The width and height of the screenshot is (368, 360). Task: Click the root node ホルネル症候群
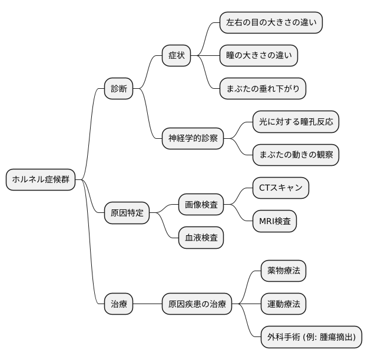tap(41, 180)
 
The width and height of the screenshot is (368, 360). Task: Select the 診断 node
tap(118, 89)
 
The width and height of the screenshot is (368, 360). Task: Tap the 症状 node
tap(177, 56)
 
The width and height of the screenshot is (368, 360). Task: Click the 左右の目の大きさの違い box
tap(271, 24)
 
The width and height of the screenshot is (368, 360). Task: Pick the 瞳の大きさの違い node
tap(258, 56)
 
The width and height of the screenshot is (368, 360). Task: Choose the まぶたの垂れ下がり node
tap(263, 89)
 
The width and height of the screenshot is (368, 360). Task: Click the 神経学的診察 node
tap(193, 138)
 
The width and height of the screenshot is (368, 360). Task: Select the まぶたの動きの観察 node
tap(296, 155)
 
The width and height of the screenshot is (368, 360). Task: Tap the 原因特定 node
tap(127, 212)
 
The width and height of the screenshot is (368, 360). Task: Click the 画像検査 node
tap(201, 205)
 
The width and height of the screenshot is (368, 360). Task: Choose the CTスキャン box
tap(280, 188)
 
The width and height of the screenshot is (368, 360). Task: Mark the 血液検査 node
tap(201, 238)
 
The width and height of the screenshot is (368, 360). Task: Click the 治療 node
tap(118, 304)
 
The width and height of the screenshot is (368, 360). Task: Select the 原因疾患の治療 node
tap(196, 304)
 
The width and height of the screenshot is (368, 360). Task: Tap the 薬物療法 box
tap(283, 271)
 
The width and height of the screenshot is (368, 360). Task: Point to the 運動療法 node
tap(283, 304)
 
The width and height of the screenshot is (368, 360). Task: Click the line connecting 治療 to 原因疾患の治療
tap(147, 304)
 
